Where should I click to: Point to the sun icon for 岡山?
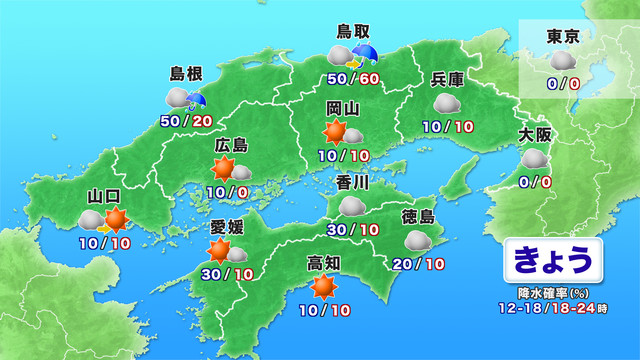[x=335, y=132]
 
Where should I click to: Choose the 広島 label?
[x=231, y=146]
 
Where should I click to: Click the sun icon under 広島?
[x=223, y=169]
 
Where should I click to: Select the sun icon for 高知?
[x=322, y=288]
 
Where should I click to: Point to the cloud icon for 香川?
[x=352, y=206]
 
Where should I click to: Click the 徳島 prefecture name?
[x=419, y=216]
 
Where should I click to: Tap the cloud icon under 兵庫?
[x=446, y=103]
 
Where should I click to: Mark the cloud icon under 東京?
[x=561, y=63]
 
